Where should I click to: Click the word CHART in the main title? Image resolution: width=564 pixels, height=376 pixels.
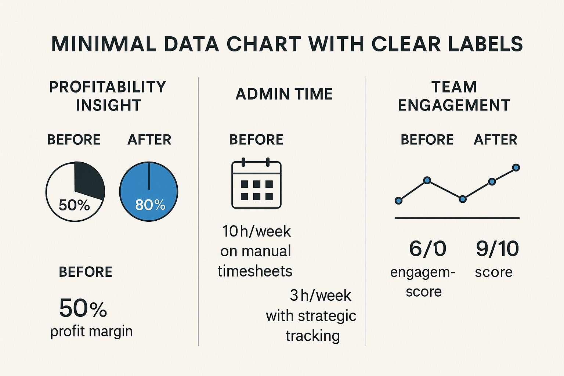point(264,44)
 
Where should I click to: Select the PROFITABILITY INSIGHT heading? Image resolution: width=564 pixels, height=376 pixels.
point(108,96)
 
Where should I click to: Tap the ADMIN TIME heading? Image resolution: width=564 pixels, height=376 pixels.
point(284,94)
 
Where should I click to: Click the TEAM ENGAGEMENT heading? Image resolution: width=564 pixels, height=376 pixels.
point(454,96)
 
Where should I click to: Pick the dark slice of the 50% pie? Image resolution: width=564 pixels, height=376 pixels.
point(88,180)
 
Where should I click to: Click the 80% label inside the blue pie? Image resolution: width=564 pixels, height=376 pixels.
point(150,205)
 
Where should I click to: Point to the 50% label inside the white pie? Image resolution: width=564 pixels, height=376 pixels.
point(74,205)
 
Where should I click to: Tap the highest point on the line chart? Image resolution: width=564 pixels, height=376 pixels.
point(516,168)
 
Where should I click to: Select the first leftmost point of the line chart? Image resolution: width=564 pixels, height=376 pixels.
point(398,200)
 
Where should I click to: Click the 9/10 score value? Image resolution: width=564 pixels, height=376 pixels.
point(497,249)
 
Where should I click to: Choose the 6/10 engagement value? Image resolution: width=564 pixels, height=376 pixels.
point(427,249)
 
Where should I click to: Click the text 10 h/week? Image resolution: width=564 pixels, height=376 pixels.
point(256,231)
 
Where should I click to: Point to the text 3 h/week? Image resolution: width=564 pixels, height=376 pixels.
point(320,296)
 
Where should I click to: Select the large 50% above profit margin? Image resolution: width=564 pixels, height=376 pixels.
point(83,308)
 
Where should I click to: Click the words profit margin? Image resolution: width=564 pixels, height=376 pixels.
point(91,331)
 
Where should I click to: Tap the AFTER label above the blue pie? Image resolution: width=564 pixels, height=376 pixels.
point(149,140)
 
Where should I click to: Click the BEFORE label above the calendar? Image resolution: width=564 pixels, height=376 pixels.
point(256,140)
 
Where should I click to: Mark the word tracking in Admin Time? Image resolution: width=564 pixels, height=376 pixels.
point(313,336)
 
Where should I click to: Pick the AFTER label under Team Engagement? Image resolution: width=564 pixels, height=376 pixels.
point(495,140)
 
